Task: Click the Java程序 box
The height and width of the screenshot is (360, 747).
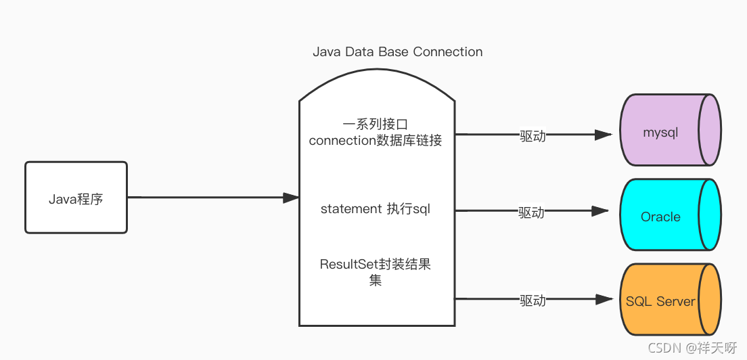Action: [x=76, y=198]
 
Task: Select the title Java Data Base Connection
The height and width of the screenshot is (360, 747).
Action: [x=397, y=52]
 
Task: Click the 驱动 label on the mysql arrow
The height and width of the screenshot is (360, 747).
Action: [x=533, y=135]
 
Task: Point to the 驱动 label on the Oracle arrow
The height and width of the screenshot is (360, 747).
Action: [x=531, y=212]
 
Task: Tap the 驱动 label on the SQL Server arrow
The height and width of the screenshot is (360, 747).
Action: [x=533, y=300]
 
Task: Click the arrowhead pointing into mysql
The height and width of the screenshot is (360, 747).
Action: [x=604, y=135]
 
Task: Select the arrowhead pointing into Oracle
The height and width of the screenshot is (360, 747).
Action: [x=600, y=211]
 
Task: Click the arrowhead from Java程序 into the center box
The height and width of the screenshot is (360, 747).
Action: [x=291, y=198]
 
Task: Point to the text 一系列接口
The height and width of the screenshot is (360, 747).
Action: [x=375, y=125]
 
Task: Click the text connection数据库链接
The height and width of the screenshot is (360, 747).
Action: [x=375, y=141]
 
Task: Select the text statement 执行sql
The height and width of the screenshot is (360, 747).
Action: [x=375, y=209]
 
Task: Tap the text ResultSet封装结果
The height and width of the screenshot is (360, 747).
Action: [x=375, y=265]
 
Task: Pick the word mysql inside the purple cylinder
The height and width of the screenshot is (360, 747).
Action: [x=660, y=133]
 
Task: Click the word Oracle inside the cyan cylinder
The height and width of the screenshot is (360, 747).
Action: [x=660, y=217]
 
